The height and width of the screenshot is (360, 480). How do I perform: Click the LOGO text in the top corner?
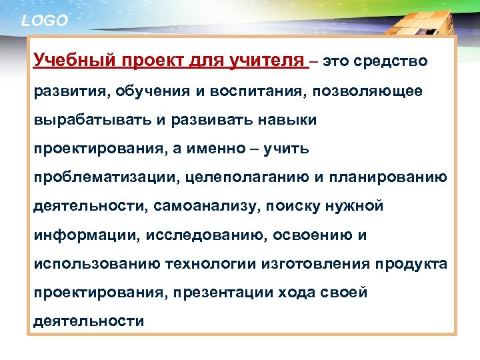[x=45, y=21]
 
